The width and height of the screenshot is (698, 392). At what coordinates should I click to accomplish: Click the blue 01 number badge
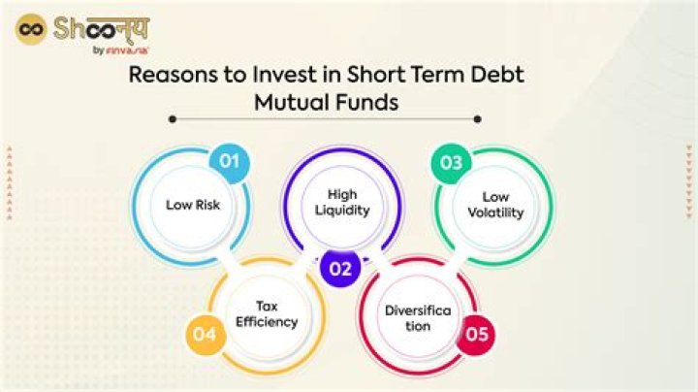pyautogui.click(x=229, y=161)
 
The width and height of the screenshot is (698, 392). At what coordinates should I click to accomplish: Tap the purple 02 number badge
pyautogui.click(x=339, y=269)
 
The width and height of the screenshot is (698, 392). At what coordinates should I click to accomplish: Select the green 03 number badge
pyautogui.click(x=452, y=162)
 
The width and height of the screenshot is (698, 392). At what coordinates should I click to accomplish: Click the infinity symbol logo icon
pyautogui.click(x=32, y=28)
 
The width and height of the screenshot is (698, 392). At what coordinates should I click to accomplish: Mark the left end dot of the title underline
pyautogui.click(x=172, y=119)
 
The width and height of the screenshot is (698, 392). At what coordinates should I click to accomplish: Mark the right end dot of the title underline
pyautogui.click(x=477, y=119)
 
